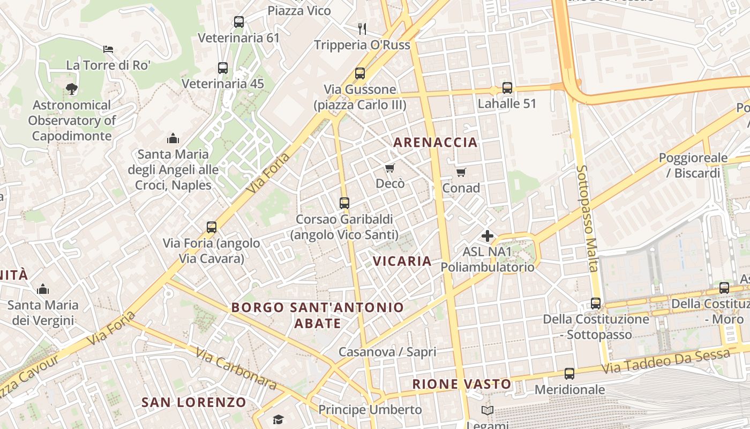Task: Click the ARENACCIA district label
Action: click(435, 142)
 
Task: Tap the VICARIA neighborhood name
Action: click(402, 261)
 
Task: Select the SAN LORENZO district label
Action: click(194, 402)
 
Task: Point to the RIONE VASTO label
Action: click(462, 384)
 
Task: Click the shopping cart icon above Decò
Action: click(390, 168)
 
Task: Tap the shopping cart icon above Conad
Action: click(461, 172)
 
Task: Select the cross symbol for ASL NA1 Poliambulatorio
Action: click(487, 235)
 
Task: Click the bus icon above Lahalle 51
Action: click(507, 87)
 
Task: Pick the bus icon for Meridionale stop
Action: click(569, 373)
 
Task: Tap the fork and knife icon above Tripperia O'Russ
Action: click(362, 28)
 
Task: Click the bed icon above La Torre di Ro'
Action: click(108, 49)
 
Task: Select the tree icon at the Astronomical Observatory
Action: click(71, 89)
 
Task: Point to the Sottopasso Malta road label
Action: click(587, 218)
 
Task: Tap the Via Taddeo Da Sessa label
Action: click(665, 362)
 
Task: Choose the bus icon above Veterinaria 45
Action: click(223, 68)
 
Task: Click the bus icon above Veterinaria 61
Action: click(239, 22)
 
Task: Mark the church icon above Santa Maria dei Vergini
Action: click(43, 290)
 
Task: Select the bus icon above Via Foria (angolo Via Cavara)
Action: click(212, 227)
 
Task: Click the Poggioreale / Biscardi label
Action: click(693, 166)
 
